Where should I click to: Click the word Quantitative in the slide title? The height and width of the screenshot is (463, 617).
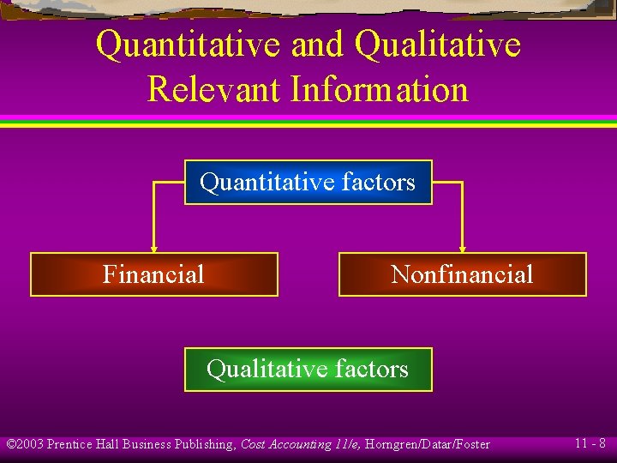point(189,45)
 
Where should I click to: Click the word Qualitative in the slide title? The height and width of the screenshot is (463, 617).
point(437,45)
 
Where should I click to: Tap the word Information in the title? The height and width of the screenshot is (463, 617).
point(379,89)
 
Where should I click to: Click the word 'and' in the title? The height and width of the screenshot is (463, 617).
point(317,45)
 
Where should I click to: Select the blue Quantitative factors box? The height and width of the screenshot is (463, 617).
point(308,182)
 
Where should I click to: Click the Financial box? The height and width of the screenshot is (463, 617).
point(154,274)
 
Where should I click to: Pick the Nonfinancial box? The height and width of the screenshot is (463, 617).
point(463,274)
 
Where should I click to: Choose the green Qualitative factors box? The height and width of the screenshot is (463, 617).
point(308,370)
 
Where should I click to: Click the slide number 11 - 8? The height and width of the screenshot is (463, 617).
point(590,443)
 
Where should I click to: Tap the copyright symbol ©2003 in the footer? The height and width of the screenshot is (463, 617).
point(25,444)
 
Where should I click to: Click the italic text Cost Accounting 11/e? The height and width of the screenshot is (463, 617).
point(301,444)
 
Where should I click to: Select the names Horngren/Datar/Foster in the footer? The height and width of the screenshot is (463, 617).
point(428,444)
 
